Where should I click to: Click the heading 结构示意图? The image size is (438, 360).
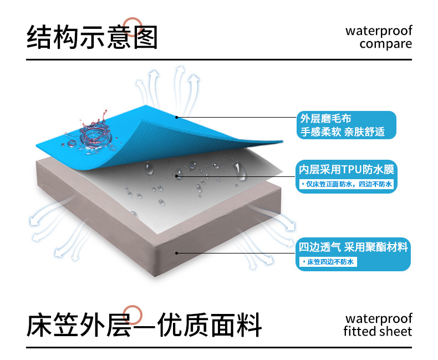[x=93, y=37]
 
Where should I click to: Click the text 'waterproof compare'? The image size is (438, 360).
[x=379, y=37]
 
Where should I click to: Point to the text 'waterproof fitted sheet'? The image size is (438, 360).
[x=378, y=325]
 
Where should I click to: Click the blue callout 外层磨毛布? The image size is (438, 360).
[x=347, y=125]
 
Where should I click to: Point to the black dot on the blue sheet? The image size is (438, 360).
[x=176, y=116]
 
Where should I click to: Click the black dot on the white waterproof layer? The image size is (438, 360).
[x=177, y=176]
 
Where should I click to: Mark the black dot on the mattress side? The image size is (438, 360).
[x=177, y=253]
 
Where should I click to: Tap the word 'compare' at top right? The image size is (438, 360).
[x=386, y=44]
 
